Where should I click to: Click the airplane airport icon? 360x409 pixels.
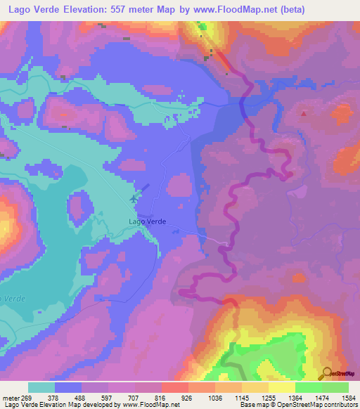tap(134, 200)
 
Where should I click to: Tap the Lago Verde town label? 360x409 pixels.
tap(148, 221)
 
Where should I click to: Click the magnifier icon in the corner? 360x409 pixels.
tap(328, 372)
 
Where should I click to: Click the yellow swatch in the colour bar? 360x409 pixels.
tap(281, 387)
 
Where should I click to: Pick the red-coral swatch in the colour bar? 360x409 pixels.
tap(174, 387)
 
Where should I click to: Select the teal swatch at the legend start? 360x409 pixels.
tap(41, 387)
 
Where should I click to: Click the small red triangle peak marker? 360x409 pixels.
tap(303, 113)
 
